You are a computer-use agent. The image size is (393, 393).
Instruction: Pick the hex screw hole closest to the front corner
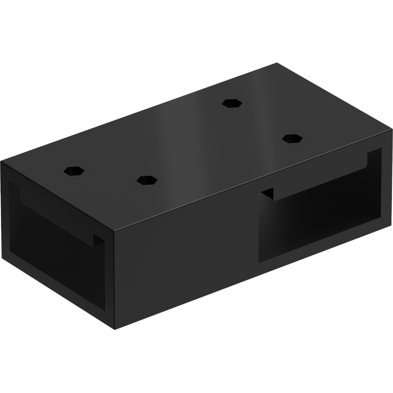146,180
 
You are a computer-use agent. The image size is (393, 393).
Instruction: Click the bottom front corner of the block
117,328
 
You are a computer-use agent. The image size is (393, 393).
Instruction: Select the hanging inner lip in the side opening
319,179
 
